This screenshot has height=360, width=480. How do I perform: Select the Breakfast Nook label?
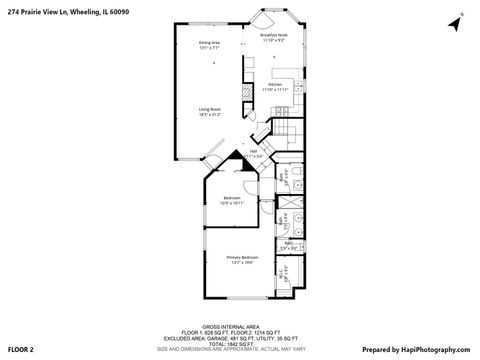pyautogui.click(x=275, y=34)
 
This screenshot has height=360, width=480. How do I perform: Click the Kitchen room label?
pyautogui.click(x=275, y=85)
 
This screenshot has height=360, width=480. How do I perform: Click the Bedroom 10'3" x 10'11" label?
pyautogui.click(x=232, y=197)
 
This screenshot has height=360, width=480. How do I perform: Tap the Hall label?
pyautogui.click(x=254, y=151)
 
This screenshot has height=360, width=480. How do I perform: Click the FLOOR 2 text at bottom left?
pyautogui.click(x=22, y=350)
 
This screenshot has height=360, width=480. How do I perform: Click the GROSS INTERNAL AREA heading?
pyautogui.click(x=239, y=325)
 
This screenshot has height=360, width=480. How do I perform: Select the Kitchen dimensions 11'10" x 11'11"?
pyautogui.click(x=275, y=91)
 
